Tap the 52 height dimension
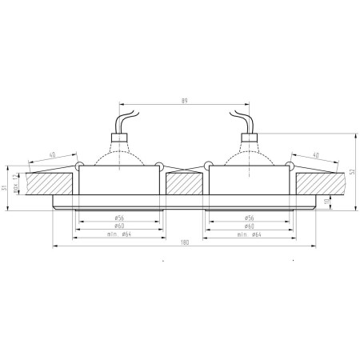pyautogui.click(x=354, y=171)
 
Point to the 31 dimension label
pyautogui.click(x=6, y=188)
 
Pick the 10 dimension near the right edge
pyautogui.click(x=337, y=202)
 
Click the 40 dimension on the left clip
pyautogui.click(x=52, y=154)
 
